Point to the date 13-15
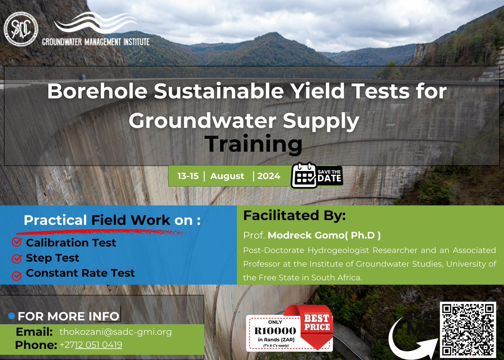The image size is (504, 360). pyautogui.click(x=188, y=176)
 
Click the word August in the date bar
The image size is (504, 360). pyautogui.click(x=227, y=176)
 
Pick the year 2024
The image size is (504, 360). pyautogui.click(x=269, y=176)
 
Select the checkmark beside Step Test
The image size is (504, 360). pyautogui.click(x=17, y=258)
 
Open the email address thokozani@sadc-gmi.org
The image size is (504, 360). pyautogui.click(x=115, y=331)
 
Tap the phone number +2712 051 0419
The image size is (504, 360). pyautogui.click(x=91, y=345)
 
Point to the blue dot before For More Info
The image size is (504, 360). pyautogui.click(x=11, y=315)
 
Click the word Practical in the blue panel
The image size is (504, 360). pyautogui.click(x=55, y=220)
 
